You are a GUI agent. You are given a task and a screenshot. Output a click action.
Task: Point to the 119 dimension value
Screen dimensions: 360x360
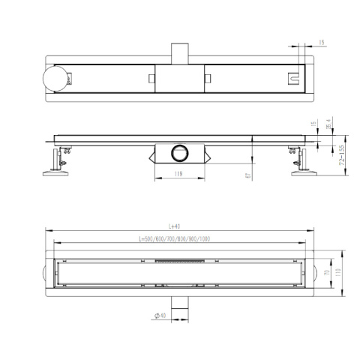pyautogui.click(x=178, y=175)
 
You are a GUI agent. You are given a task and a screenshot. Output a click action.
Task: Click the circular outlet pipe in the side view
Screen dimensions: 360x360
pyautogui.click(x=180, y=152)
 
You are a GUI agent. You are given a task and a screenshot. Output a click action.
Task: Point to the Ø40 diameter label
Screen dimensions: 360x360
pyautogui.click(x=160, y=316)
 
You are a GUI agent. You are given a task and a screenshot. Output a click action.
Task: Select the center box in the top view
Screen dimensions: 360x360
pyautogui.click(x=180, y=78)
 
